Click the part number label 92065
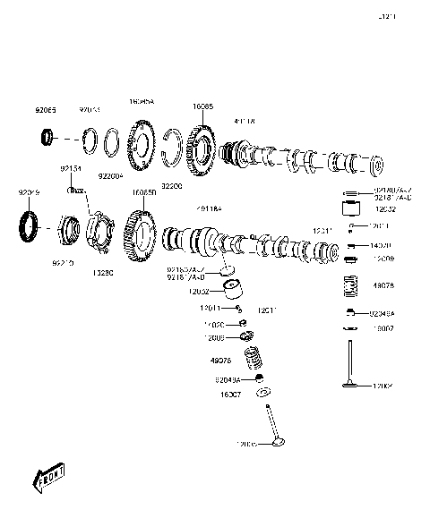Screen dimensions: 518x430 tap(46, 110)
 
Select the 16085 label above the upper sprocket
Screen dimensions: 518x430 tap(202, 106)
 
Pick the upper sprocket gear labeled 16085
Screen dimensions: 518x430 tap(203, 148)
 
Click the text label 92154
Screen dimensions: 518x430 tap(72, 168)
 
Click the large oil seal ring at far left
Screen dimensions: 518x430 tap(30, 225)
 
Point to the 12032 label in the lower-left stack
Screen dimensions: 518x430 tap(199, 291)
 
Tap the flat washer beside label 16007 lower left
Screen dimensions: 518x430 tap(263, 393)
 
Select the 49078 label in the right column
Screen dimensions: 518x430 tap(383, 286)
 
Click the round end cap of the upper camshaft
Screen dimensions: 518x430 tap(376, 166)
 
